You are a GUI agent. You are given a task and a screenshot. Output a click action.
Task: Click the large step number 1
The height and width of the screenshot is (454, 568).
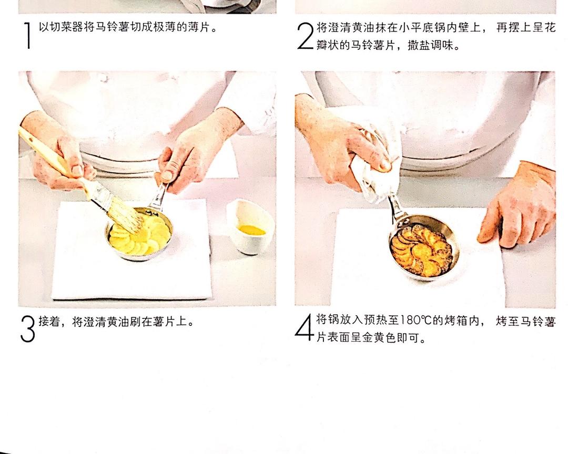27,35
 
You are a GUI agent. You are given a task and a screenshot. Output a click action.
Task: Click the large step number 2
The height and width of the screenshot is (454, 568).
305,36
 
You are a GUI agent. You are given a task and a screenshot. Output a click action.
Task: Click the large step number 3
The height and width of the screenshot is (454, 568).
27,329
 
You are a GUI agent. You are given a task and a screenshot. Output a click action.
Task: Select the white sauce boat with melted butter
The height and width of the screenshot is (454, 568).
250,226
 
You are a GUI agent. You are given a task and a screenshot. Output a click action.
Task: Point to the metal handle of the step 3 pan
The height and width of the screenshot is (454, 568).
159,198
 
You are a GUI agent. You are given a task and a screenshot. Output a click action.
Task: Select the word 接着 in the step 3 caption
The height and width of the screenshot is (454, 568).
49,321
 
